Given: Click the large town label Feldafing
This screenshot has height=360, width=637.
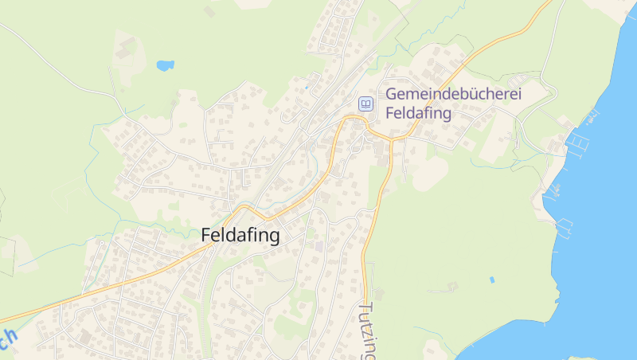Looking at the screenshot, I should pos(240,236).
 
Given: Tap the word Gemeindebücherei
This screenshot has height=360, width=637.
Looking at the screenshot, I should pos(453,94).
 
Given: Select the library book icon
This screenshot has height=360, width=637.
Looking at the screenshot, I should pos(365,104).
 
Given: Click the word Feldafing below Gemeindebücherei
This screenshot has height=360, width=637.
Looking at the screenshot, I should pos(418,113).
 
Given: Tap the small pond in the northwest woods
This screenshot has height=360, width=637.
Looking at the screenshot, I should pos(166,65).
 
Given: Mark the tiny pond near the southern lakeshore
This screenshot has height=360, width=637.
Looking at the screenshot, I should pos(491,280).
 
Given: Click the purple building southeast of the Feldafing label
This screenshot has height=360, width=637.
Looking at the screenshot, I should pos(319,246).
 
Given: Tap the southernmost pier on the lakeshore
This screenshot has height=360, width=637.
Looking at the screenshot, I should pos(566,228).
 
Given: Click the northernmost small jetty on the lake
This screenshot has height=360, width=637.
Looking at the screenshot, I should pos(592,118).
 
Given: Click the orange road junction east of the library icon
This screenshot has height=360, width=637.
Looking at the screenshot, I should pos(392,139).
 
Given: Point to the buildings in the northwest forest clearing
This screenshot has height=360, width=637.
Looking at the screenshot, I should pos(125,49).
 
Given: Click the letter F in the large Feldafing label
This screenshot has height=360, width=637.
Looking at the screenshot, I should pos(206,236).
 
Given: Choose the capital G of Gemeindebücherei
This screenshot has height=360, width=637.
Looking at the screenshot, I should pos(391,94).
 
